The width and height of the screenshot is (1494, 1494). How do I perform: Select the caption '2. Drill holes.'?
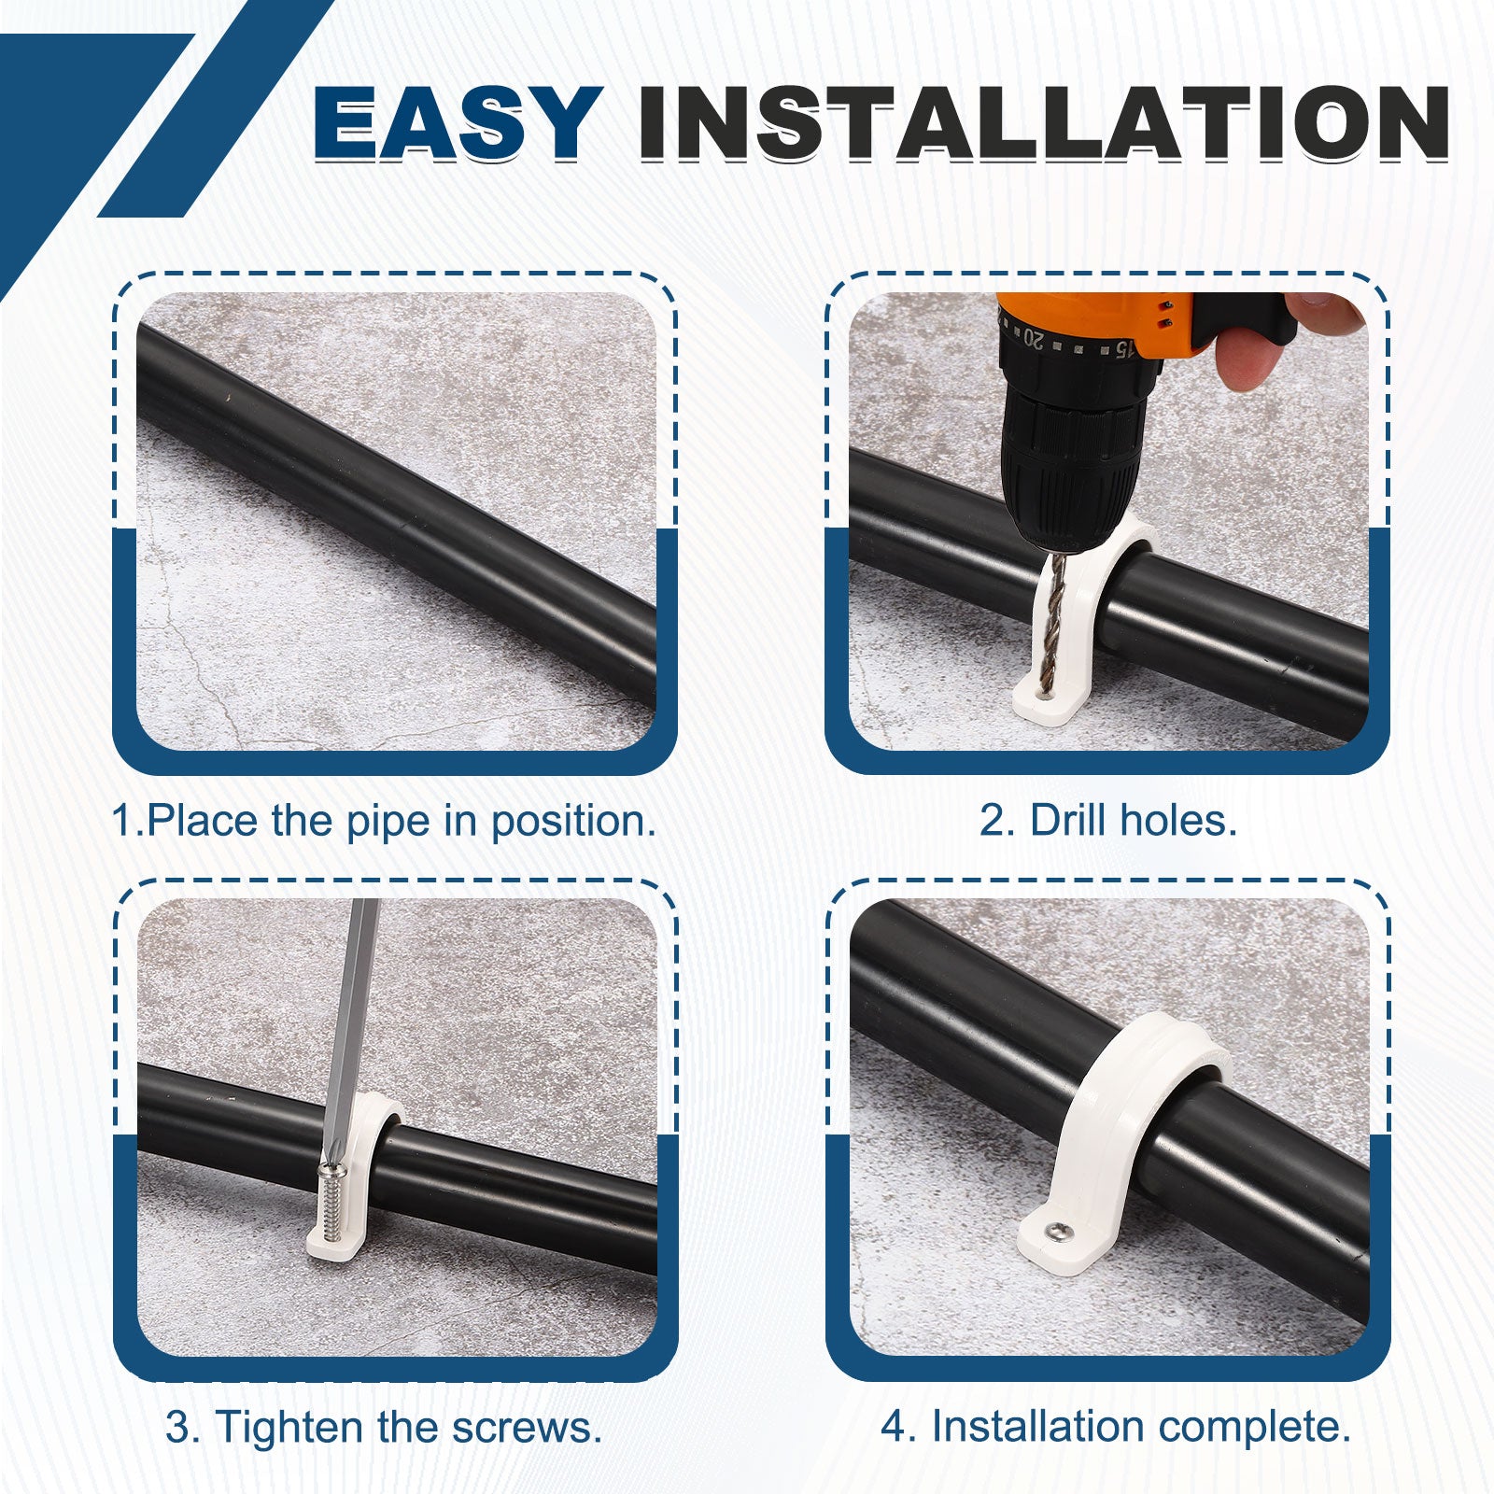[x=1108, y=821]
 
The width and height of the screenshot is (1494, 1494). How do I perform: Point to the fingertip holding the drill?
[x=1247, y=359]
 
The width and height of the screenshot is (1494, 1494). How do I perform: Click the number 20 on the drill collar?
[x=1033, y=337]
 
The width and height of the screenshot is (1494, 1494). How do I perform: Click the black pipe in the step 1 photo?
[x=397, y=510]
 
